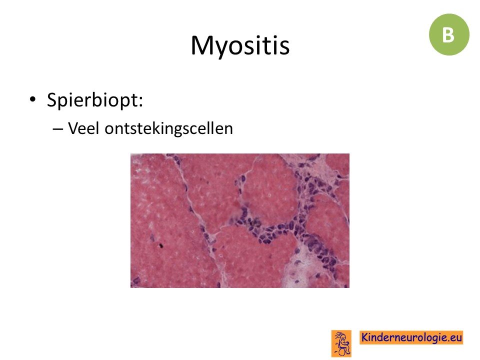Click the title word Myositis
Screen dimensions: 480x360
point(240,46)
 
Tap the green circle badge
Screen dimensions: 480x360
point(449,34)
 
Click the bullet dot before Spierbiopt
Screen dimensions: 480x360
point(32,99)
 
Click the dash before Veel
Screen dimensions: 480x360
point(57,129)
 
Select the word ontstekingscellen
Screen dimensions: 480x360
point(168,128)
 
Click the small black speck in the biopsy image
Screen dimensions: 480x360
point(161,245)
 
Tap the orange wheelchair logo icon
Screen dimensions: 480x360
point(341,343)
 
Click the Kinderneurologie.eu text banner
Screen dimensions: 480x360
point(411,337)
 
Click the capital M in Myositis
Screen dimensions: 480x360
point(202,45)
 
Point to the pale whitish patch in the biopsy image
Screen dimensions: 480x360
point(301,269)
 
